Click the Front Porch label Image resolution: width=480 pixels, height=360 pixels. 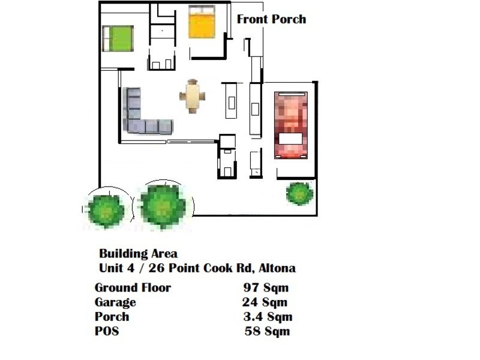(x=271, y=19)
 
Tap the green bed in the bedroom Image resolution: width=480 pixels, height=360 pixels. (x=118, y=38)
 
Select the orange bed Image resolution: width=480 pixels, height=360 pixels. (x=202, y=22)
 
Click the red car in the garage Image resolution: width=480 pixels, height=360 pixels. (x=291, y=125)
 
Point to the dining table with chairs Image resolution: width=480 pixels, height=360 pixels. (x=192, y=96)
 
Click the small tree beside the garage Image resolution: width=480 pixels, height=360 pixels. (x=299, y=193)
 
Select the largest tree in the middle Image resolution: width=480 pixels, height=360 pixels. (x=163, y=205)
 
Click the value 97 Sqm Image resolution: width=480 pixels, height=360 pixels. (x=266, y=287)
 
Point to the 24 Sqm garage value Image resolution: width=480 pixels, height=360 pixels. (x=265, y=302)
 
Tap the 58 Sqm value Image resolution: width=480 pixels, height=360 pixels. (x=267, y=331)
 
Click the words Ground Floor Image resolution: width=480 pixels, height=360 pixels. (x=133, y=287)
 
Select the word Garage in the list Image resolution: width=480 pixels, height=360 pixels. (x=115, y=302)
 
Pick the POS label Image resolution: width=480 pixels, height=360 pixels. (x=107, y=331)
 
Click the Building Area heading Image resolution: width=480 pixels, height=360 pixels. (x=138, y=254)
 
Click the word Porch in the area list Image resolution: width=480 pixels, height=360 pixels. (x=112, y=317)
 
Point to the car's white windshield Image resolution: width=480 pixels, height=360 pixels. (x=291, y=139)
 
